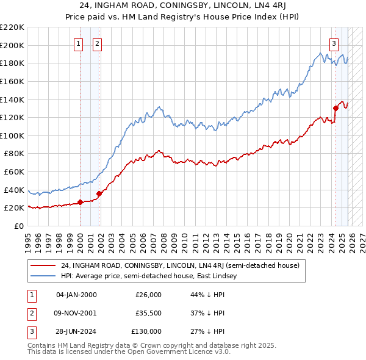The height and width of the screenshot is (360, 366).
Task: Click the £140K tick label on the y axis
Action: [12, 99]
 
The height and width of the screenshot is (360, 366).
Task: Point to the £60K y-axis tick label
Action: [14, 172]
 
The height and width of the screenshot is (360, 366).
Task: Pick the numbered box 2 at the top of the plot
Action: [97, 43]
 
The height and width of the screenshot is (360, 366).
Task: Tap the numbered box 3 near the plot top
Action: [334, 43]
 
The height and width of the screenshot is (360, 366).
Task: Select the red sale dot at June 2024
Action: [335, 109]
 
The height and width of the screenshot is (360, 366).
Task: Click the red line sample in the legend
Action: [43, 266]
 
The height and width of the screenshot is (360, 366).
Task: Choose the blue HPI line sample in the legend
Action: [43, 276]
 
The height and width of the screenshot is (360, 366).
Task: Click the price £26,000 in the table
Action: [148, 295]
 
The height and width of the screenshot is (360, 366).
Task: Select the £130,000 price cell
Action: [146, 331]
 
